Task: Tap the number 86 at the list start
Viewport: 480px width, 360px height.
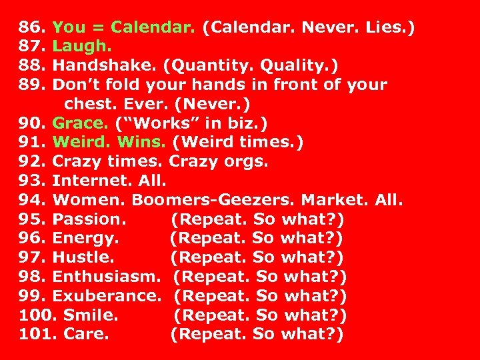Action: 31,28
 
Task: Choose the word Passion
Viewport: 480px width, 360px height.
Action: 88,219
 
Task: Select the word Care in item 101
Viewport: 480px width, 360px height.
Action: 86,334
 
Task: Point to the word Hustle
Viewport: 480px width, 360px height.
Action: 83,257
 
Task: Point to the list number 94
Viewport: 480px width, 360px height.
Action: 31,200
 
